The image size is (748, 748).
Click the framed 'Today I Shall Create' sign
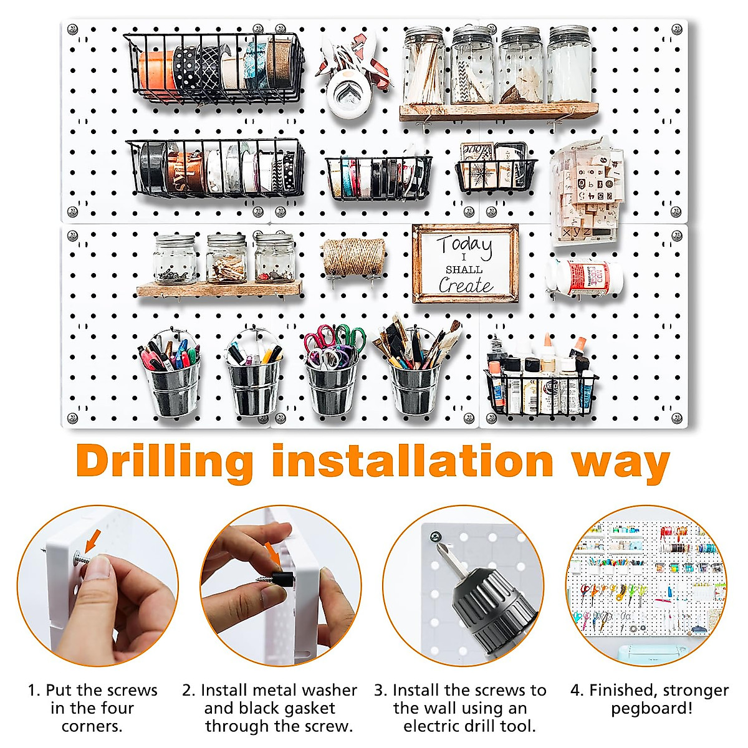click(465, 264)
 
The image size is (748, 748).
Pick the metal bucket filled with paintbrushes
click(413, 390)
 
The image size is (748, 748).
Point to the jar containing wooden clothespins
click(226, 259)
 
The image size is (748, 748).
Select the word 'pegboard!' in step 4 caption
click(651, 708)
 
